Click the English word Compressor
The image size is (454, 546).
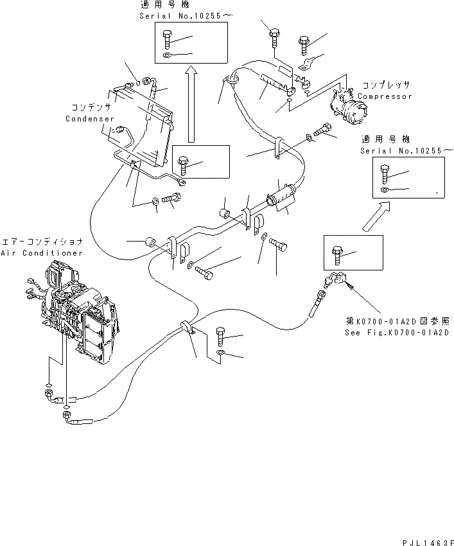[385, 96]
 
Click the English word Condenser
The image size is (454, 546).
[89, 119]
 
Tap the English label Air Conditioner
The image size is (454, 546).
[42, 253]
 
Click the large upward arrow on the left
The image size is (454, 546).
[190, 107]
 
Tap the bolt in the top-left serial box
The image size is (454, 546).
[168, 41]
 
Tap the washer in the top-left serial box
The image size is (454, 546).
[168, 57]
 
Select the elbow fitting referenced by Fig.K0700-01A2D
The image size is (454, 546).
[336, 280]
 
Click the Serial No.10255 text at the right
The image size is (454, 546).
[405, 150]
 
